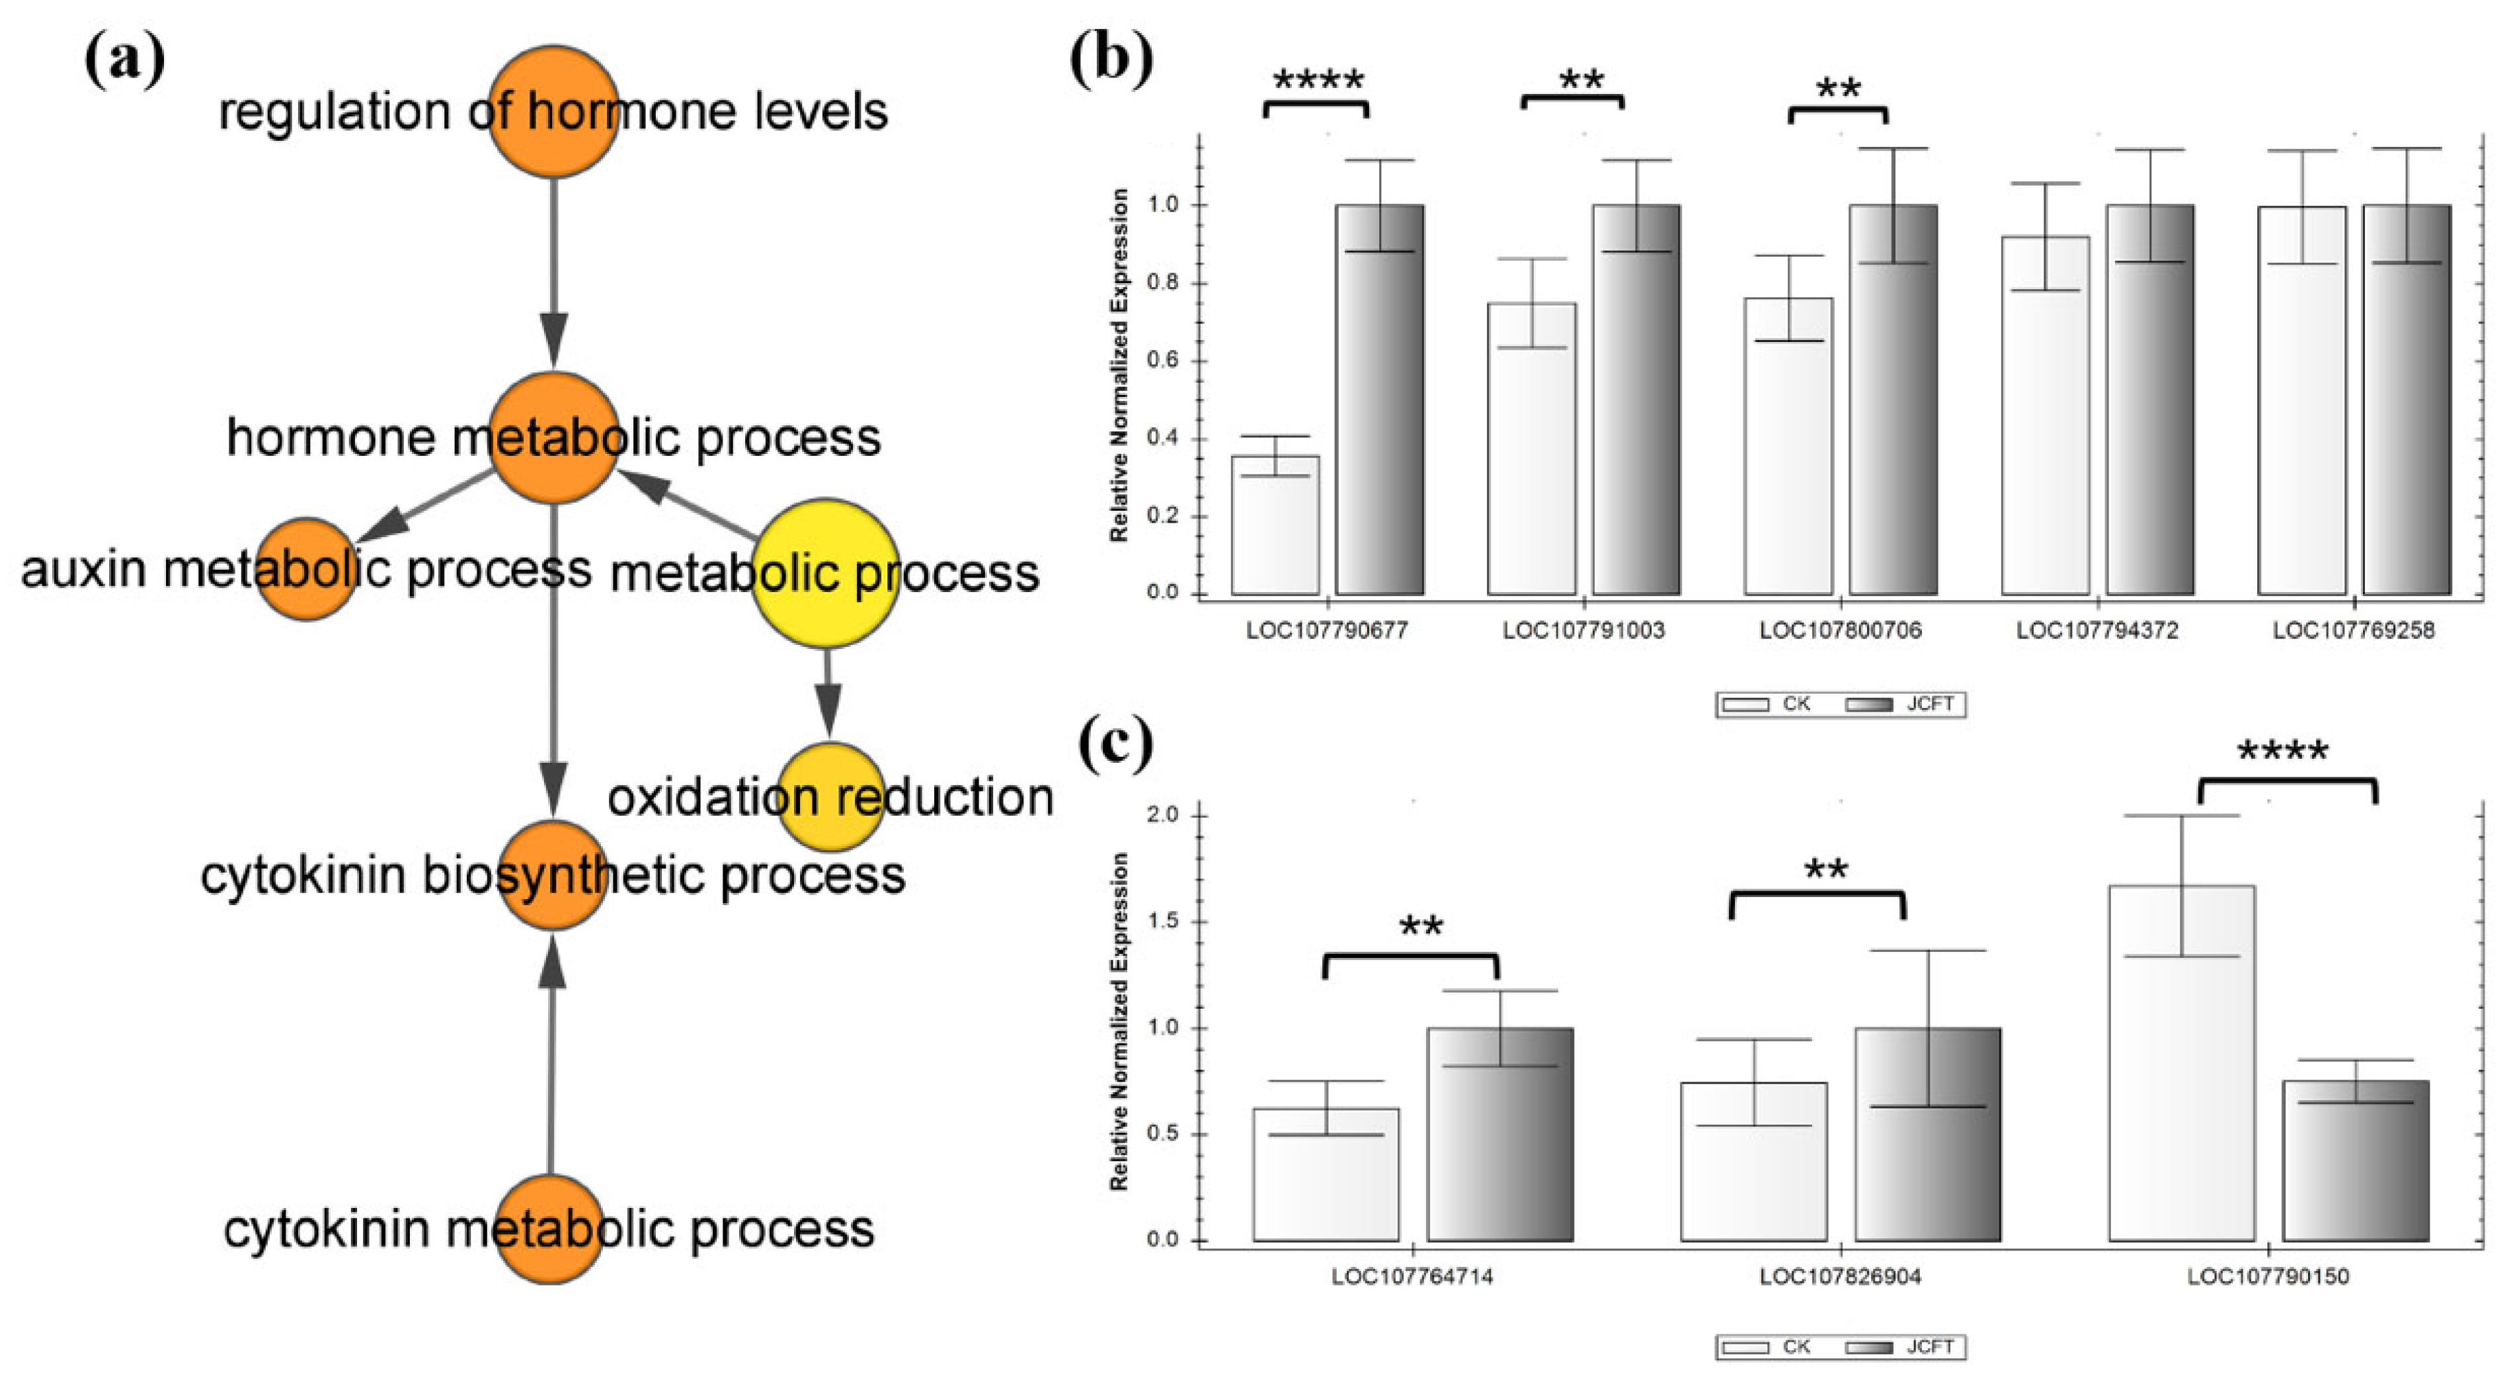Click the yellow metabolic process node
point(824,573)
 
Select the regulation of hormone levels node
point(553,110)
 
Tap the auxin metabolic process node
point(306,569)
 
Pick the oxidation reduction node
point(830,797)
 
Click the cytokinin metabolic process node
point(548,1229)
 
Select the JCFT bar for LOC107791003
point(1636,400)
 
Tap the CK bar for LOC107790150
point(2181,1064)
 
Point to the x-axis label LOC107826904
point(1840,1277)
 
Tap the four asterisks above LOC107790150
point(2283,752)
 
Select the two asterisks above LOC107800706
point(1838,90)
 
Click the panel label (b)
point(1111,59)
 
